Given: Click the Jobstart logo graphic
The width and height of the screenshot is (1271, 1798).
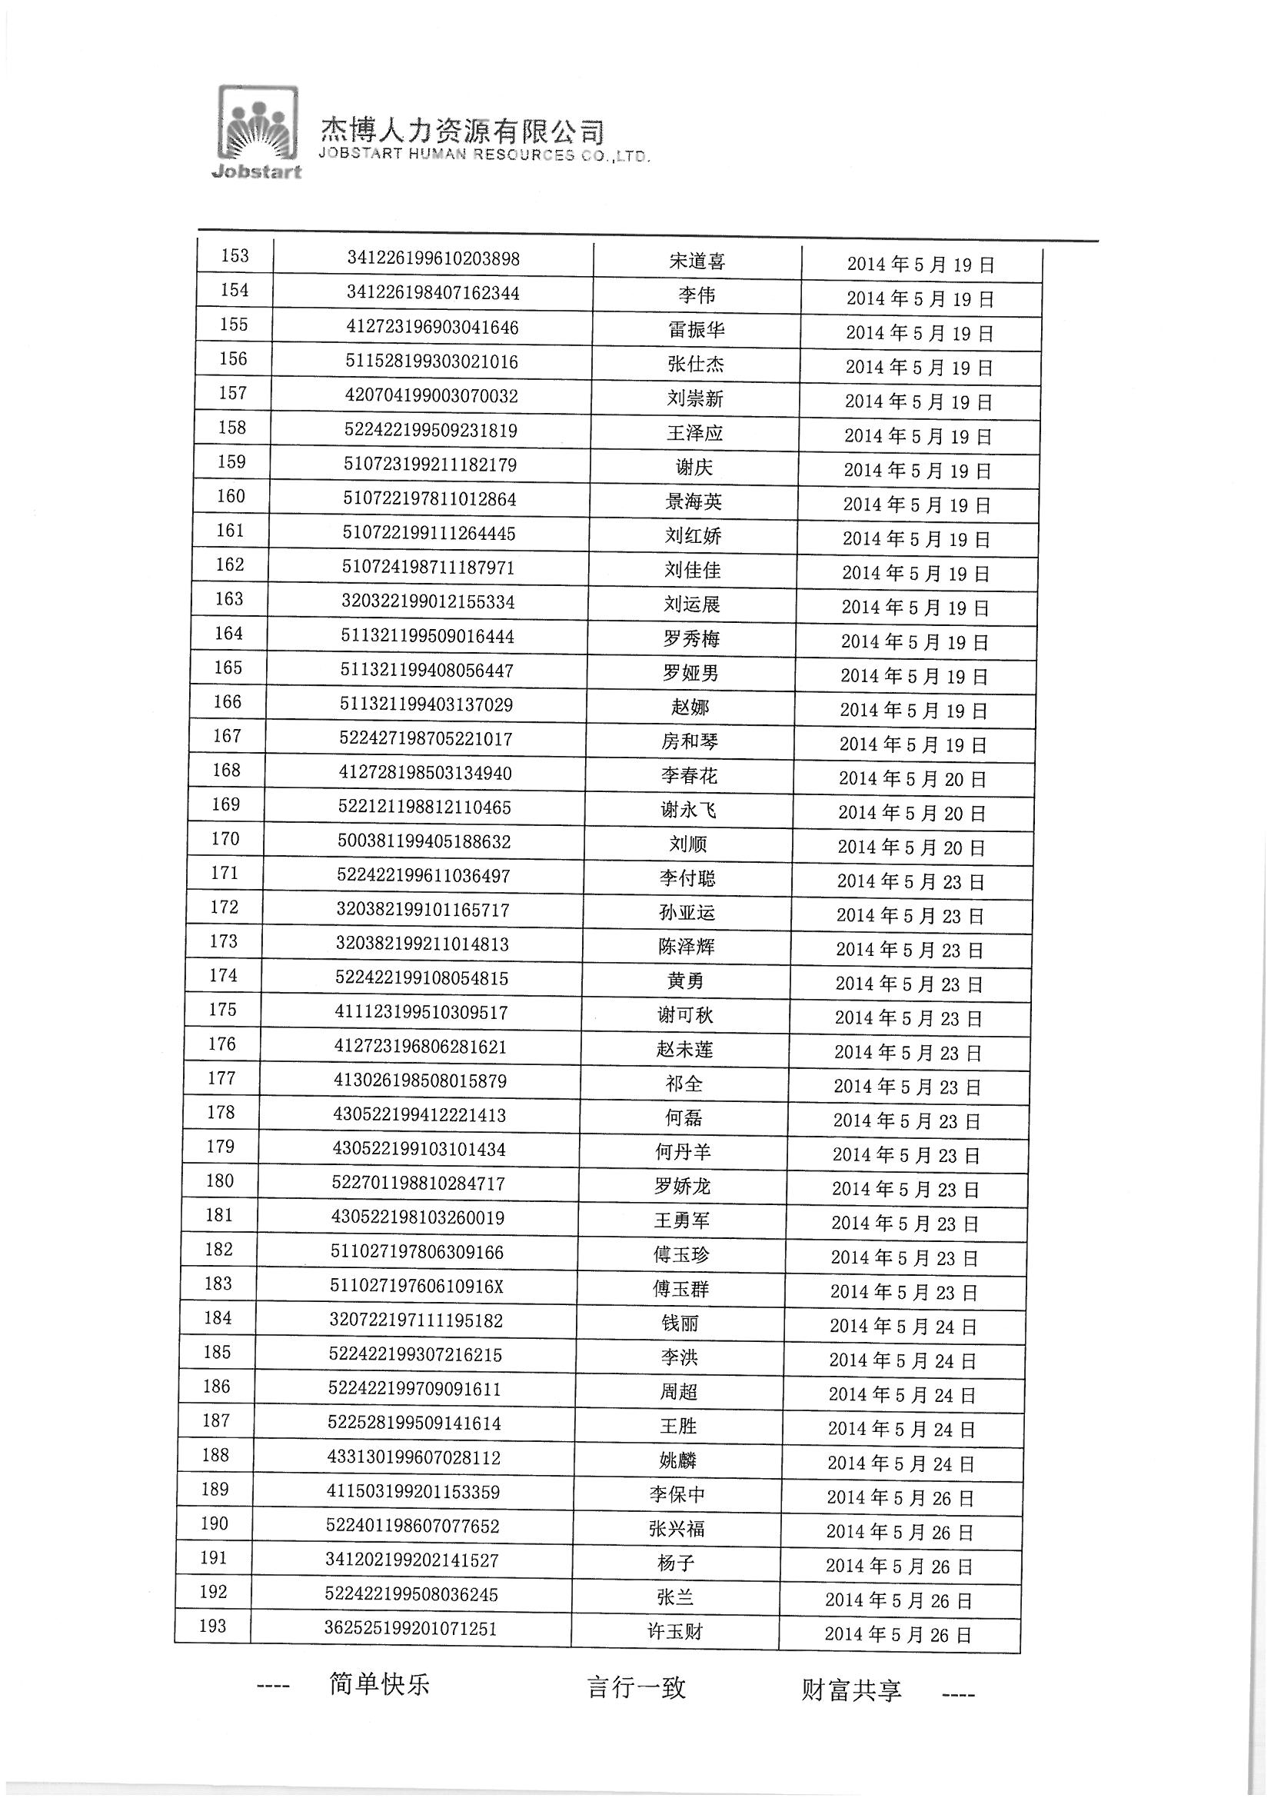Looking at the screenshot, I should tap(258, 131).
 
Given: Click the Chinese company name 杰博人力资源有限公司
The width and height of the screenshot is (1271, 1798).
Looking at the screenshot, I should tap(462, 132).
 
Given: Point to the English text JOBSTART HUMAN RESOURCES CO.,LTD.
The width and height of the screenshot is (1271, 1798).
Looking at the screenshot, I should tap(484, 155).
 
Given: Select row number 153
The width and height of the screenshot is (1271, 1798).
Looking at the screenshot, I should tap(235, 256).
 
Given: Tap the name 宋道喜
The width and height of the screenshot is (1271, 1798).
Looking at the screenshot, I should tap(697, 261).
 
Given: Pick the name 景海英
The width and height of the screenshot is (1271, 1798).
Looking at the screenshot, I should tap(693, 502).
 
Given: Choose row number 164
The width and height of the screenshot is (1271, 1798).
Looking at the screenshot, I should tap(228, 634).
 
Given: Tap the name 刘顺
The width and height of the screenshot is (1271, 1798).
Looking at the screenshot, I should tap(688, 845).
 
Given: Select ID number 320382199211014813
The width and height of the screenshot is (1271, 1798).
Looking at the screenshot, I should tap(422, 944).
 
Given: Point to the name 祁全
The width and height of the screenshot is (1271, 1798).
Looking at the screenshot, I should tap(684, 1084).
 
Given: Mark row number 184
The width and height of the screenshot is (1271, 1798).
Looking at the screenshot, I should tap(218, 1318).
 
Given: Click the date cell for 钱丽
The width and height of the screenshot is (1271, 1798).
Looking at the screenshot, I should tap(903, 1327).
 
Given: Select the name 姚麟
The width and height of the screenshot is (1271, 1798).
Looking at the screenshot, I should tap(678, 1460).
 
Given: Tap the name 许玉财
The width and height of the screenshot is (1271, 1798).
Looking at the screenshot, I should tap(675, 1632).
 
